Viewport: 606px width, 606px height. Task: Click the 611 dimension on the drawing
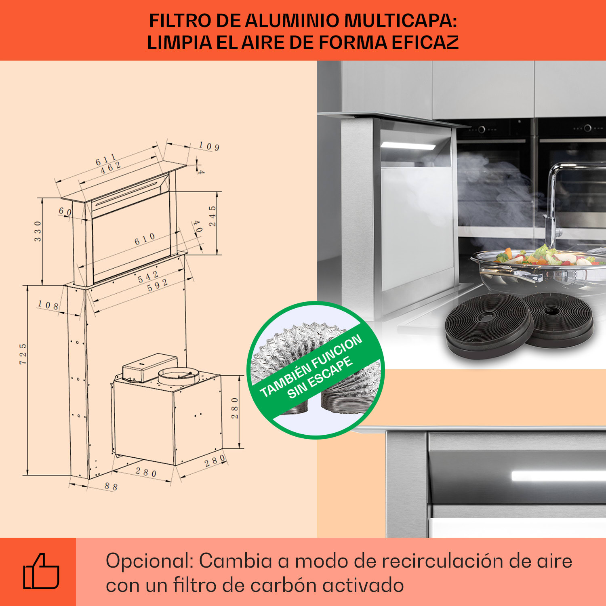(105, 160)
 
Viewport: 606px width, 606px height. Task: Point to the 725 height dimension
(23, 354)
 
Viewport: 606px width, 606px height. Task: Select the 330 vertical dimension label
(38, 231)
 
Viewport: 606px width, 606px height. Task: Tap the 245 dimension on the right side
(213, 216)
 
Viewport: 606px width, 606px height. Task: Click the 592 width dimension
(157, 285)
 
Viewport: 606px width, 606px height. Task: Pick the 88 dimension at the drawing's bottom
(111, 486)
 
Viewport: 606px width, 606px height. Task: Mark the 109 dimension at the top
(209, 146)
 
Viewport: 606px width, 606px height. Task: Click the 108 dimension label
(48, 305)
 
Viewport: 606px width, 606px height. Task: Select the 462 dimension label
(110, 168)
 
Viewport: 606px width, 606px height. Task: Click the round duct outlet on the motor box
(178, 376)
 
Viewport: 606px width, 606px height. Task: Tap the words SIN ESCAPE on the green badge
(320, 377)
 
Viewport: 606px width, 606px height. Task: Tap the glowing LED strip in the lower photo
(558, 476)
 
